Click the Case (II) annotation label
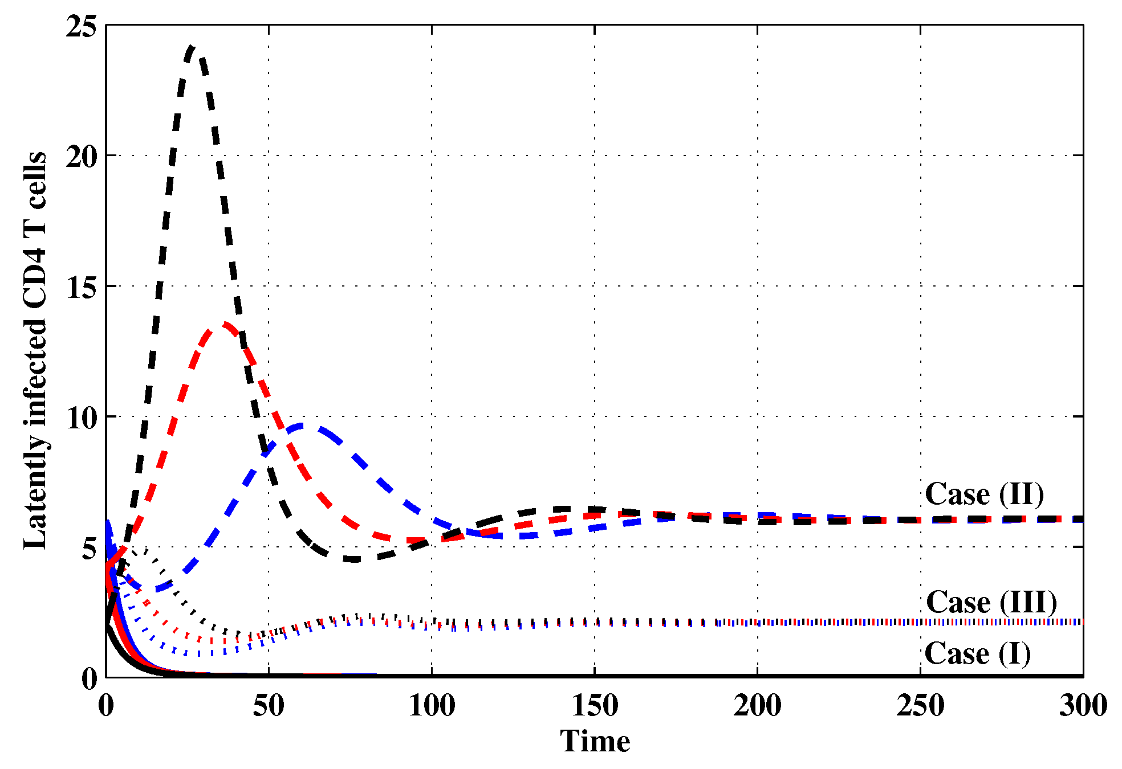pos(984,494)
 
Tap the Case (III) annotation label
pos(991,602)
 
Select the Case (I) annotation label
pos(977,653)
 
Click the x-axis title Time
pos(595,741)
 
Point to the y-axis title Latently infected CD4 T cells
pos(35,350)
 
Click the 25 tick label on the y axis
pos(81,26)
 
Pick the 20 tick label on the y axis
pos(81,156)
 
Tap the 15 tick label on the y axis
pos(81,287)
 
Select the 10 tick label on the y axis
pos(81,417)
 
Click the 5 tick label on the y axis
pos(88,547)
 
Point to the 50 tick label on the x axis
pos(269,706)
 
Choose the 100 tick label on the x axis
pos(432,706)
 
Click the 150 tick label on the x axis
pos(595,706)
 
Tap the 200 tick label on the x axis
pos(757,706)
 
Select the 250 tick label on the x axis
pos(920,706)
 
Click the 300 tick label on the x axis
pos(1083,706)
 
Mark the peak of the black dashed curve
pos(193,47)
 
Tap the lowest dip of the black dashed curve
pos(353,559)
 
